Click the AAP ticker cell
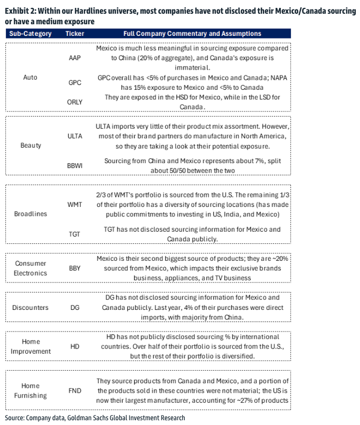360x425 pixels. coord(74,58)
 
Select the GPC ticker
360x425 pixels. coord(74,83)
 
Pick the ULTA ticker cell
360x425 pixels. coord(75,136)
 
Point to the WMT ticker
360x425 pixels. coord(75,204)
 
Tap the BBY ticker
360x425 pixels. coord(74,268)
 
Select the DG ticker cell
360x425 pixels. coord(74,307)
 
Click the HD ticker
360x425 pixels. coord(74,346)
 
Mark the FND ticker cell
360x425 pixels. coord(74,391)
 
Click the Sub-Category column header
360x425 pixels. coord(31,34)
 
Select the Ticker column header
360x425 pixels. coord(74,34)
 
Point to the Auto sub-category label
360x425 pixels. coord(31,77)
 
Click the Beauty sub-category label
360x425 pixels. coord(31,145)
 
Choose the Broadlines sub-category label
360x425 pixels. coord(31,214)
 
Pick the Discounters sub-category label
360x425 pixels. coord(31,307)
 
